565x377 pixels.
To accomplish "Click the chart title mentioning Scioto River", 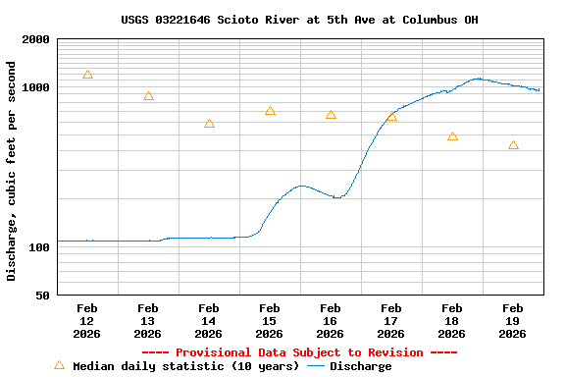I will [x=299, y=20].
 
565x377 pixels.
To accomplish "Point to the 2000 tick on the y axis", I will [x=36, y=39].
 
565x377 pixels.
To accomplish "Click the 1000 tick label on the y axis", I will [x=36, y=87].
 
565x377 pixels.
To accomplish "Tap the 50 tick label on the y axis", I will [x=43, y=296].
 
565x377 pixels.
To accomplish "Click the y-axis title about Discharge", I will [x=12, y=171].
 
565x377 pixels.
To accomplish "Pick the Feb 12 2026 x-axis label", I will [x=86, y=321].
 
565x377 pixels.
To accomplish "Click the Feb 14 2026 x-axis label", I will [x=208, y=321].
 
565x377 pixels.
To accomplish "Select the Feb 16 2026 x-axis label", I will [x=330, y=321].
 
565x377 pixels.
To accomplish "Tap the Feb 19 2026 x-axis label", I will [x=512, y=321].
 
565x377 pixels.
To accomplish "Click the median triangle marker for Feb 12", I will [x=87, y=75].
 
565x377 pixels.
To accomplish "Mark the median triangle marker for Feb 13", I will [x=148, y=96].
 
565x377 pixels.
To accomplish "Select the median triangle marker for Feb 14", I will [x=209, y=124].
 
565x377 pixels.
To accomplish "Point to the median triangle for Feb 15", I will [x=270, y=111].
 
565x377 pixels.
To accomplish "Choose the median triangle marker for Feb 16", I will [x=331, y=115].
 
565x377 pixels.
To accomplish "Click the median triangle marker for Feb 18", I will [x=452, y=136].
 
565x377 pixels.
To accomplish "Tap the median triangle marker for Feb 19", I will [x=513, y=145].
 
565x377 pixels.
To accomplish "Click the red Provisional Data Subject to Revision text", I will [x=299, y=352].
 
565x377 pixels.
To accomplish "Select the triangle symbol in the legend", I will [x=59, y=365].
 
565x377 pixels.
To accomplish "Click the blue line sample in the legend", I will [x=315, y=366].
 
